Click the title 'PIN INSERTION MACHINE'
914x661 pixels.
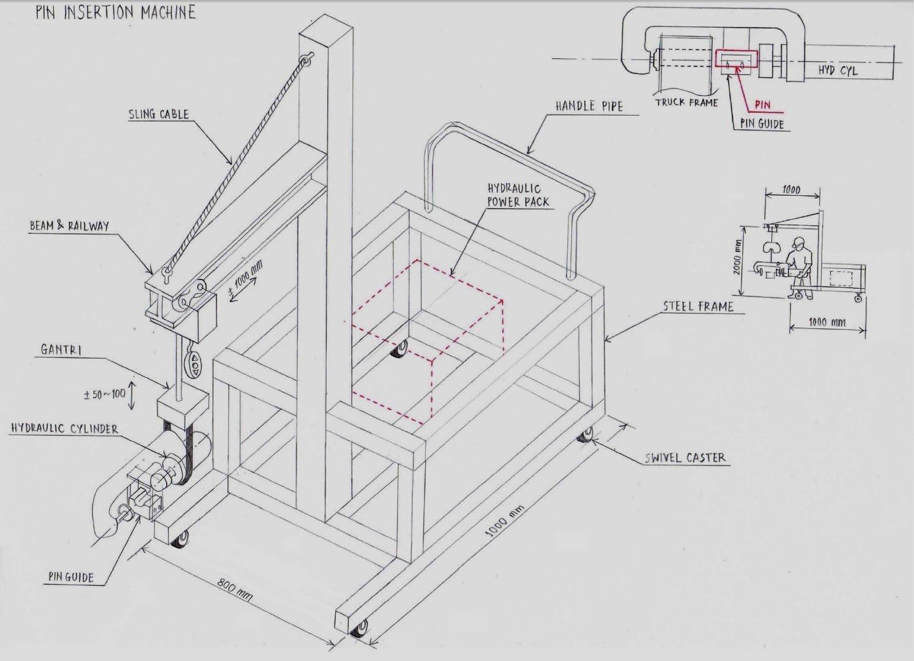115,13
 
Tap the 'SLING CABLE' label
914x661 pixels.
158,114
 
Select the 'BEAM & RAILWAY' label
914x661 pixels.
69,226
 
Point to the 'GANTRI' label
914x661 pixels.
61,349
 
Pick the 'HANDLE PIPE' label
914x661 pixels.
589,106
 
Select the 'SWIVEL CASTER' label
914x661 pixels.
685,457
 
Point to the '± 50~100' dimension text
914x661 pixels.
104,395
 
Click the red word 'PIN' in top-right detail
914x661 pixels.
762,105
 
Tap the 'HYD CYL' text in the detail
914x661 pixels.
838,70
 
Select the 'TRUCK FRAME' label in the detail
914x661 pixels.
686,102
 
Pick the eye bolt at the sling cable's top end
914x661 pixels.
304,61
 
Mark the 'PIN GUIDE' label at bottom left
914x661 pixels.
71,577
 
